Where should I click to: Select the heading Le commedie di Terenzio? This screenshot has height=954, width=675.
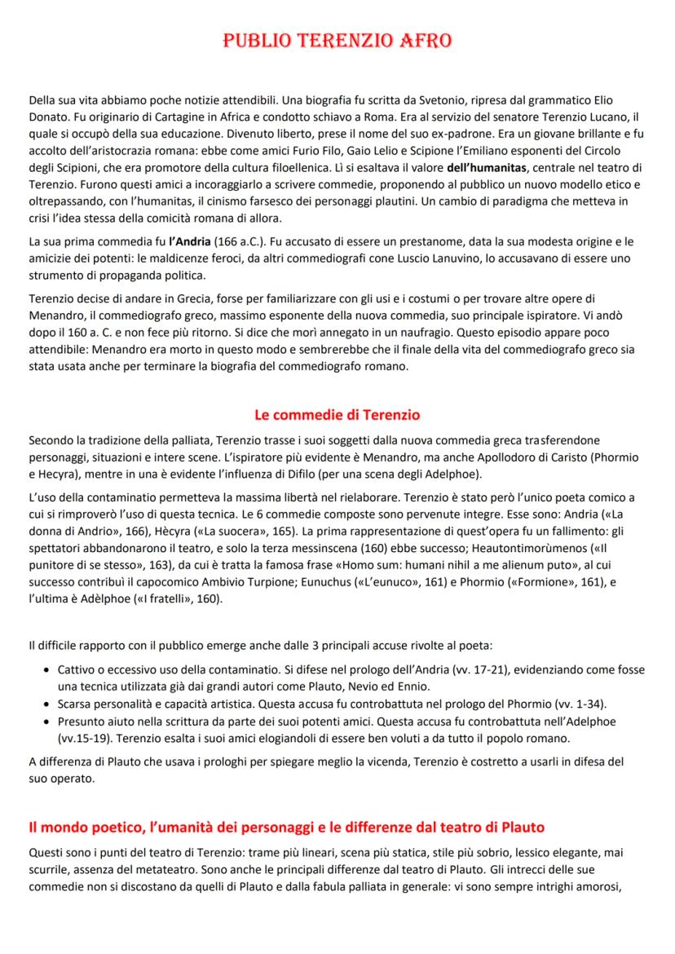tap(337, 417)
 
